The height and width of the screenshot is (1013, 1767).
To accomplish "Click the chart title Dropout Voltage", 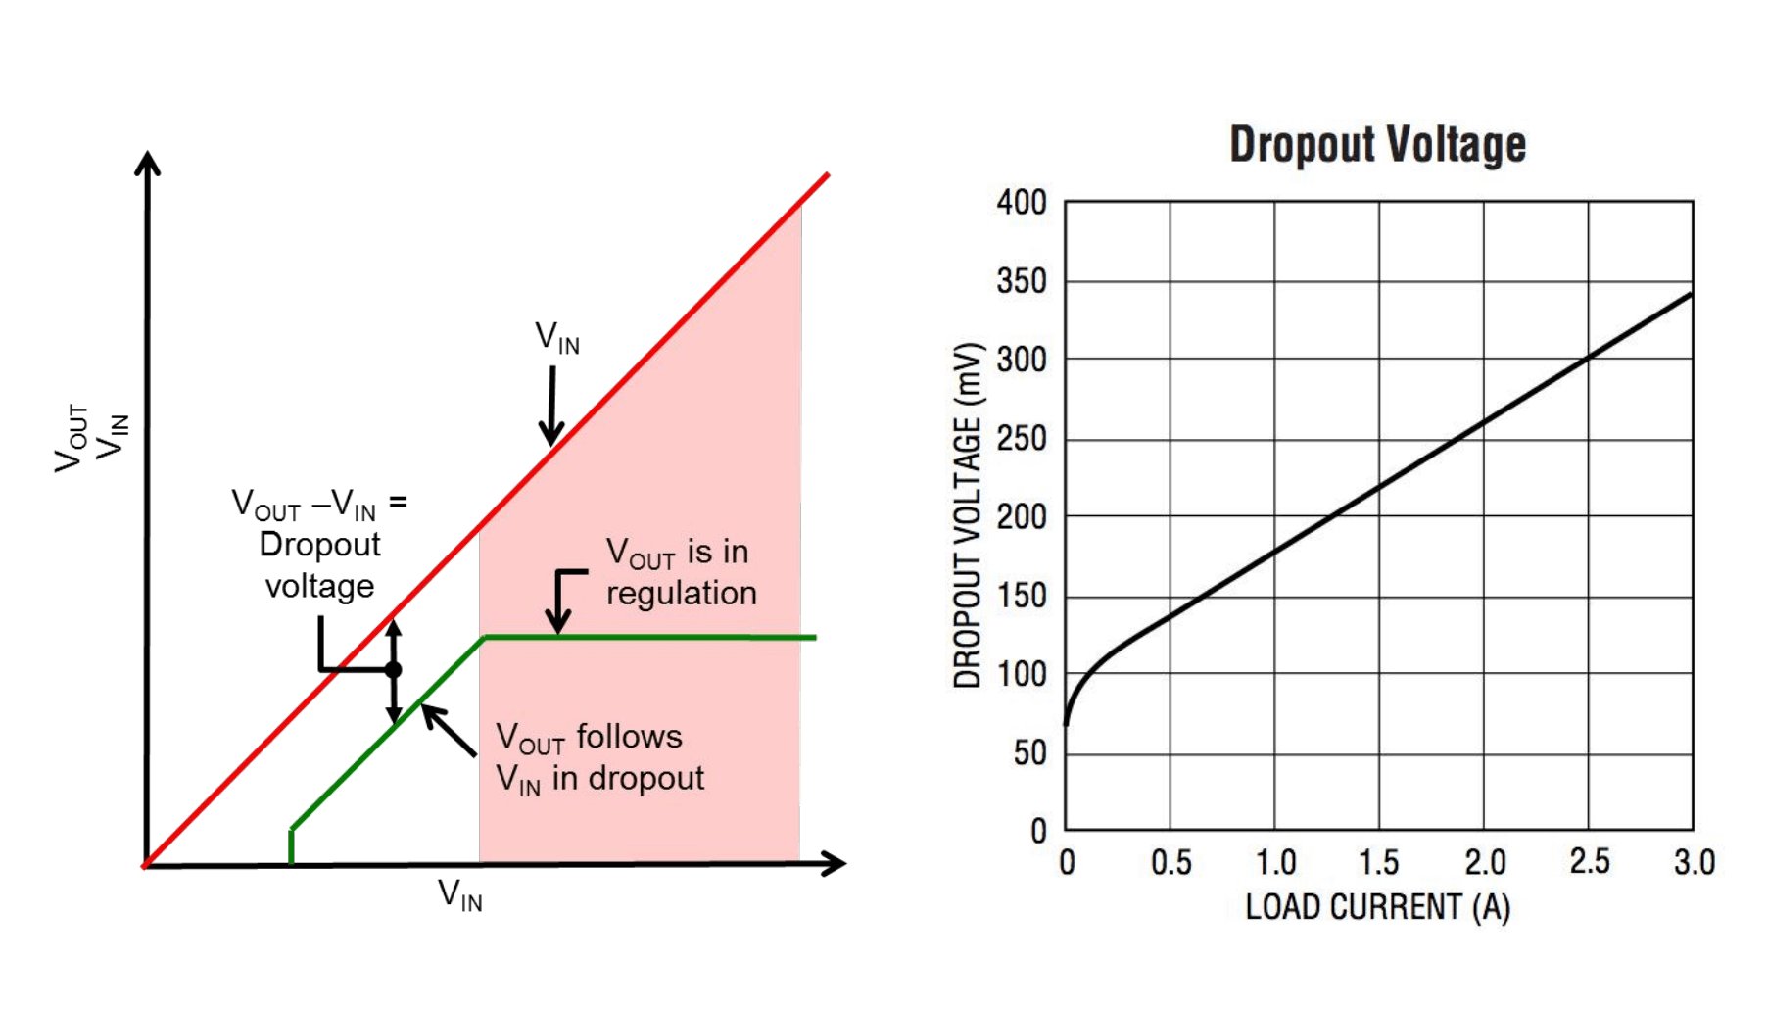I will pyautogui.click(x=1377, y=145).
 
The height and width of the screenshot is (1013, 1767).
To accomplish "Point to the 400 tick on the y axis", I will pyautogui.click(x=1022, y=203).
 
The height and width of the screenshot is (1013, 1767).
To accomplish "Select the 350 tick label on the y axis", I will pyautogui.click(x=1022, y=281).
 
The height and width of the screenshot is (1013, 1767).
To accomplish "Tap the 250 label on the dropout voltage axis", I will pyautogui.click(x=1022, y=438).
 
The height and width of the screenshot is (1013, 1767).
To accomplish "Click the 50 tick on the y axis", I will pyautogui.click(x=1029, y=752).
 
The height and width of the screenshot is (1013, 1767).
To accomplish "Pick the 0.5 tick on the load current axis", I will pyautogui.click(x=1170, y=863).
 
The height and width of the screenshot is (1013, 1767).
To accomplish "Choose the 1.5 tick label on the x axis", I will pyautogui.click(x=1379, y=863).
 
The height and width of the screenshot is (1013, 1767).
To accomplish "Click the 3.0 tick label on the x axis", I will pyautogui.click(x=1694, y=863).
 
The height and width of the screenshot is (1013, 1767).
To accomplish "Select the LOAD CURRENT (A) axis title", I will pyautogui.click(x=1377, y=907).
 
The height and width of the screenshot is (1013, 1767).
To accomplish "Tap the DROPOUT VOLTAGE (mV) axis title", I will pyautogui.click(x=968, y=515).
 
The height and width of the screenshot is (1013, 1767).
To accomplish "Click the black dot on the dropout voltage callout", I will pyautogui.click(x=394, y=670).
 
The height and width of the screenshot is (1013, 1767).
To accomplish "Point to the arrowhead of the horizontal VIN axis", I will pyautogui.click(x=835, y=863).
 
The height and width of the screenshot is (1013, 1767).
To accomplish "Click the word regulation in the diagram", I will pyautogui.click(x=682, y=594).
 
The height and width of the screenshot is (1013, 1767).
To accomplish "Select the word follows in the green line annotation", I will pyautogui.click(x=629, y=737).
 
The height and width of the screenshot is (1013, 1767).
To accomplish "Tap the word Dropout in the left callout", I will pyautogui.click(x=319, y=545).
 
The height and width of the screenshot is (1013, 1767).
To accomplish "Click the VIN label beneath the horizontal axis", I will pyautogui.click(x=459, y=894).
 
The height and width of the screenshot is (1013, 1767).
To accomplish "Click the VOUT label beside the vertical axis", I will pyautogui.click(x=72, y=437).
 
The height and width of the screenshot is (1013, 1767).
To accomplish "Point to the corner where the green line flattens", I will pyautogui.click(x=485, y=638).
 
